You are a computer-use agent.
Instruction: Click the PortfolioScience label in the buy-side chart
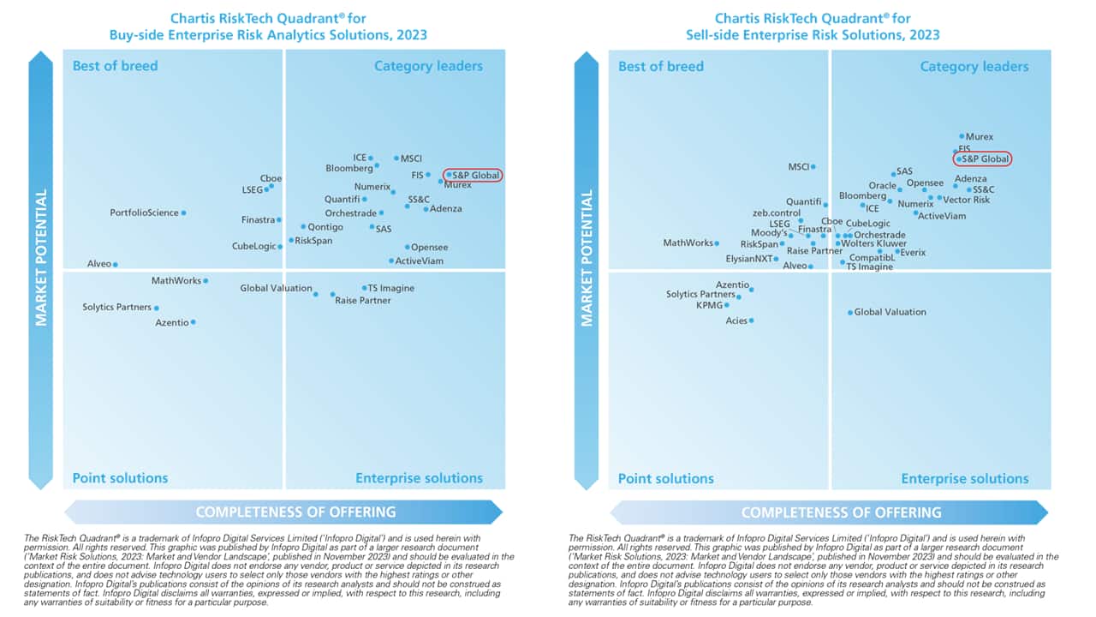pyautogui.click(x=144, y=213)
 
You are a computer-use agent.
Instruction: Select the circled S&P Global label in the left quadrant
pyautogui.click(x=475, y=175)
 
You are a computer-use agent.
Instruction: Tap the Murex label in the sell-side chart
pyautogui.click(x=980, y=136)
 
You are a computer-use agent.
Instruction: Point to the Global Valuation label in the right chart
pyautogui.click(x=890, y=312)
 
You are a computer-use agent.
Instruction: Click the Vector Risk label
pyautogui.click(x=966, y=200)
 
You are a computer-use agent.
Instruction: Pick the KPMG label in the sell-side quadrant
pyautogui.click(x=709, y=304)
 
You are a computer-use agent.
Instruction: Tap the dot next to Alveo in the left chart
pyautogui.click(x=116, y=265)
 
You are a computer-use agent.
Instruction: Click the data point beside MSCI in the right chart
pyautogui.click(x=813, y=167)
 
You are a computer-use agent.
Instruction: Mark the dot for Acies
pyautogui.click(x=751, y=320)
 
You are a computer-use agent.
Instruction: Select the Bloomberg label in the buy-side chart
pyautogui.click(x=348, y=168)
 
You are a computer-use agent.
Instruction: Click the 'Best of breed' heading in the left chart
pyautogui.click(x=115, y=66)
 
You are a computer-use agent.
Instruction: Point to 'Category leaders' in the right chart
pyautogui.click(x=974, y=67)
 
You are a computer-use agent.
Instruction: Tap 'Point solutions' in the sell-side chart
pyautogui.click(x=665, y=479)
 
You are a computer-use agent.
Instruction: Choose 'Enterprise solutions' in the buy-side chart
pyautogui.click(x=419, y=479)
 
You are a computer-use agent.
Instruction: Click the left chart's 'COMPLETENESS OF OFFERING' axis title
pyautogui.click(x=295, y=512)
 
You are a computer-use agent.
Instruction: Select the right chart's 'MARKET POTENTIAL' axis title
pyautogui.click(x=587, y=257)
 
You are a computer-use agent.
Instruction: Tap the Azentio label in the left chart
pyautogui.click(x=171, y=322)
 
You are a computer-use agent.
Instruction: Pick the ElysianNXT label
pyautogui.click(x=748, y=259)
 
